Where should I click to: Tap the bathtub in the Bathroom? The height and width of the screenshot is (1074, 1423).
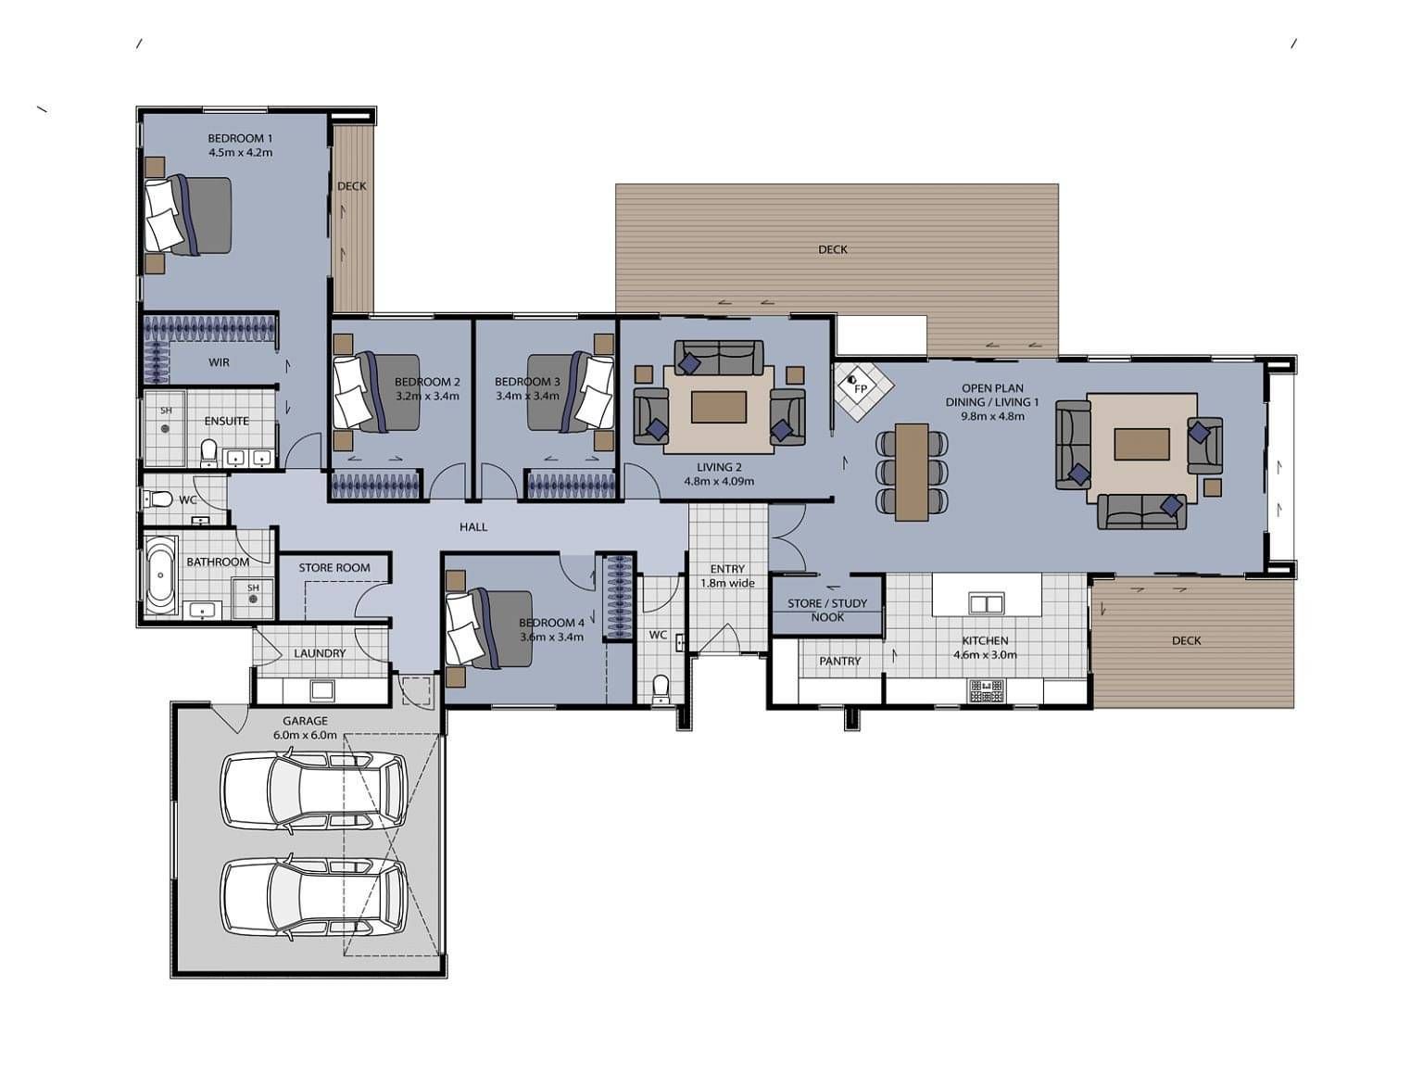pos(159,575)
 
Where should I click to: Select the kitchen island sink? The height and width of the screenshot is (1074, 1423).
pos(986,602)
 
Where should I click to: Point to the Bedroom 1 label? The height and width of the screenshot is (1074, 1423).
pos(240,138)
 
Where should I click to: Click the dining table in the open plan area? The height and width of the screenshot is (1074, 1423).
pos(912,472)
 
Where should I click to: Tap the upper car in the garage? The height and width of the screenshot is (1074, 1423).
pos(315,790)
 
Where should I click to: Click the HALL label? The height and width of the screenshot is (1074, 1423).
pos(473,527)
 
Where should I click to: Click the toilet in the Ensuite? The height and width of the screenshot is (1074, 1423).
pos(208,453)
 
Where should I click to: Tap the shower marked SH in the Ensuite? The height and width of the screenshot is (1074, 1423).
pos(165,427)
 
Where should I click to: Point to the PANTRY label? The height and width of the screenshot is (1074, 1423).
pos(839,661)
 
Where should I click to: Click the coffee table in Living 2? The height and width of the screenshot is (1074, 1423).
pos(719,407)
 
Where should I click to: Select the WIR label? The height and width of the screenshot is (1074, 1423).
pos(220,362)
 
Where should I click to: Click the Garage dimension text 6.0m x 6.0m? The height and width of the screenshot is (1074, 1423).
pos(305,735)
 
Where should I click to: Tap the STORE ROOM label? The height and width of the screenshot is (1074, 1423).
pos(334,568)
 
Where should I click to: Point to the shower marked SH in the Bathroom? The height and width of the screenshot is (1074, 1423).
pos(253,598)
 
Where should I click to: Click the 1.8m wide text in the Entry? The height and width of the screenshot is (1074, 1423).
pos(727,584)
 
